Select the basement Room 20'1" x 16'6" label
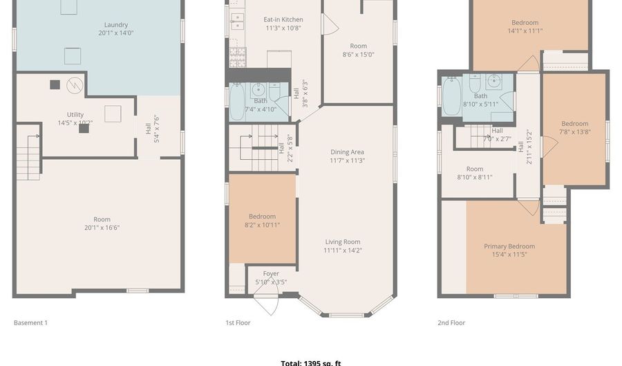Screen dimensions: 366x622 (102, 223)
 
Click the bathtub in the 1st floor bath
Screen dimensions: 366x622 (236, 101)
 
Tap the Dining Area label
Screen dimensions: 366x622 (347, 156)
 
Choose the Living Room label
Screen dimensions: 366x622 (343, 246)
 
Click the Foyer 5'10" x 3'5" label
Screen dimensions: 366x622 (271, 277)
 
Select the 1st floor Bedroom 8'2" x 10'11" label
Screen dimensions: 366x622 (262, 221)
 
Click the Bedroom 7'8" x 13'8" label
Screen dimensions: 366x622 (574, 128)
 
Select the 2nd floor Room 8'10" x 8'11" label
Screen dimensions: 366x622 (474, 173)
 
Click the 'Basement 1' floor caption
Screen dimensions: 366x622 (30, 322)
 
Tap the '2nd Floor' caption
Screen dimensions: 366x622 (451, 322)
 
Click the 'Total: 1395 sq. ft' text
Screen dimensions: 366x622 (310, 363)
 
